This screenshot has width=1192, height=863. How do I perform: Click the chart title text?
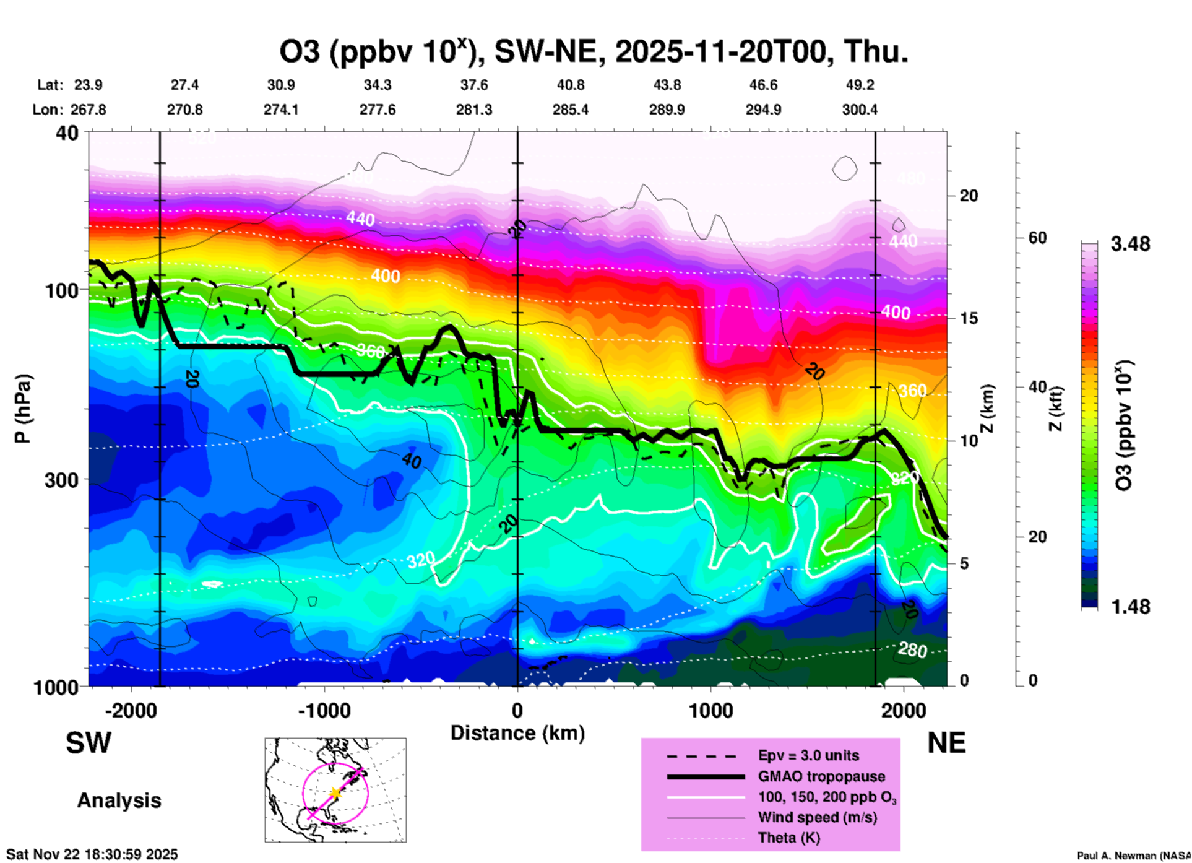pyautogui.click(x=594, y=52)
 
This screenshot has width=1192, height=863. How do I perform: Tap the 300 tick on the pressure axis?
pyautogui.click(x=61, y=480)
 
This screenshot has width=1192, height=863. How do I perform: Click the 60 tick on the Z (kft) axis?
pyautogui.click(x=1037, y=238)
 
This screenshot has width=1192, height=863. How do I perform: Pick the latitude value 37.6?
pyautogui.click(x=474, y=85)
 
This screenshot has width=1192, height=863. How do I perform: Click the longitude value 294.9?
pyautogui.click(x=763, y=110)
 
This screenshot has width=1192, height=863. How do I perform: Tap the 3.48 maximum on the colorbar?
pyautogui.click(x=1130, y=245)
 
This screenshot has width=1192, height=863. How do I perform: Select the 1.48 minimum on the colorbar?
pyautogui.click(x=1130, y=607)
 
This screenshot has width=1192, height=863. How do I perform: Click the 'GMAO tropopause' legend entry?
pyautogui.click(x=821, y=776)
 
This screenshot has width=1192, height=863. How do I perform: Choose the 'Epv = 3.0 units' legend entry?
pyautogui.click(x=808, y=755)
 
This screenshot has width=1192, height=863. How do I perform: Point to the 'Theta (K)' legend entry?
pyautogui.click(x=788, y=838)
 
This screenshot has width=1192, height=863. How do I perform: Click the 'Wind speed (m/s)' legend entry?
pyautogui.click(x=817, y=817)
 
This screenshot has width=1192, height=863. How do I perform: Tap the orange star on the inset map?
pyautogui.click(x=335, y=792)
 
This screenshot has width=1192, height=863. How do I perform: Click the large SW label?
pyautogui.click(x=89, y=743)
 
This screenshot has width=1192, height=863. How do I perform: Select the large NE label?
pyautogui.click(x=946, y=743)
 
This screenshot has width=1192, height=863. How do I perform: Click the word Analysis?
pyautogui.click(x=119, y=800)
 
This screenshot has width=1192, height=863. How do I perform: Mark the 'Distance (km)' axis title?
pyautogui.click(x=517, y=733)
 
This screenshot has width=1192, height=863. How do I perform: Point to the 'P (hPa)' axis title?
pyautogui.click(x=23, y=409)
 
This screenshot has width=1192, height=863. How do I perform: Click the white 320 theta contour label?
pyautogui.click(x=421, y=561)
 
